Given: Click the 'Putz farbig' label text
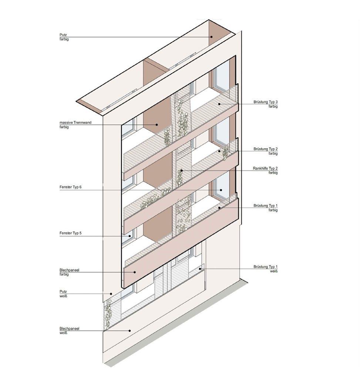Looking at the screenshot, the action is [64, 37].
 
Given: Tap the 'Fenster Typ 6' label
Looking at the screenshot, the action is [70, 187].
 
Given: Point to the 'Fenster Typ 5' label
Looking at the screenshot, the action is [70, 233].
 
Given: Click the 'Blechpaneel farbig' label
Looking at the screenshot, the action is [69, 272].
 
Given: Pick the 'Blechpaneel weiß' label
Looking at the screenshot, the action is [69, 330].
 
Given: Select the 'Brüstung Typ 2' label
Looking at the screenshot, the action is [266, 151].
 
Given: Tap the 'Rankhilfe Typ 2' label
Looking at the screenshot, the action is [265, 170].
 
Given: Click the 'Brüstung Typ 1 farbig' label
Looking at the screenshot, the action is [266, 207].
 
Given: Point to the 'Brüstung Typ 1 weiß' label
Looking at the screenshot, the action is [266, 269].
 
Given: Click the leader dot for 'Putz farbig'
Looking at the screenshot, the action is [212, 37].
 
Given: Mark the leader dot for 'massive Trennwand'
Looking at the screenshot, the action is [157, 125].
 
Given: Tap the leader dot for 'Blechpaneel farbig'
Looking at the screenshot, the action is [135, 272].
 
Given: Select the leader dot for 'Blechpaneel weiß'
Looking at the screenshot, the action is [129, 330].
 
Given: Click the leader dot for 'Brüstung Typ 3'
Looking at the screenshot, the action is [219, 104].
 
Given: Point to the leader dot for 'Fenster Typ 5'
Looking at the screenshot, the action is [130, 236].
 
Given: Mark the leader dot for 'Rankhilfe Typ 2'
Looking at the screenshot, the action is [181, 171].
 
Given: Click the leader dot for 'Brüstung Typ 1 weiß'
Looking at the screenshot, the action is [201, 269].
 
